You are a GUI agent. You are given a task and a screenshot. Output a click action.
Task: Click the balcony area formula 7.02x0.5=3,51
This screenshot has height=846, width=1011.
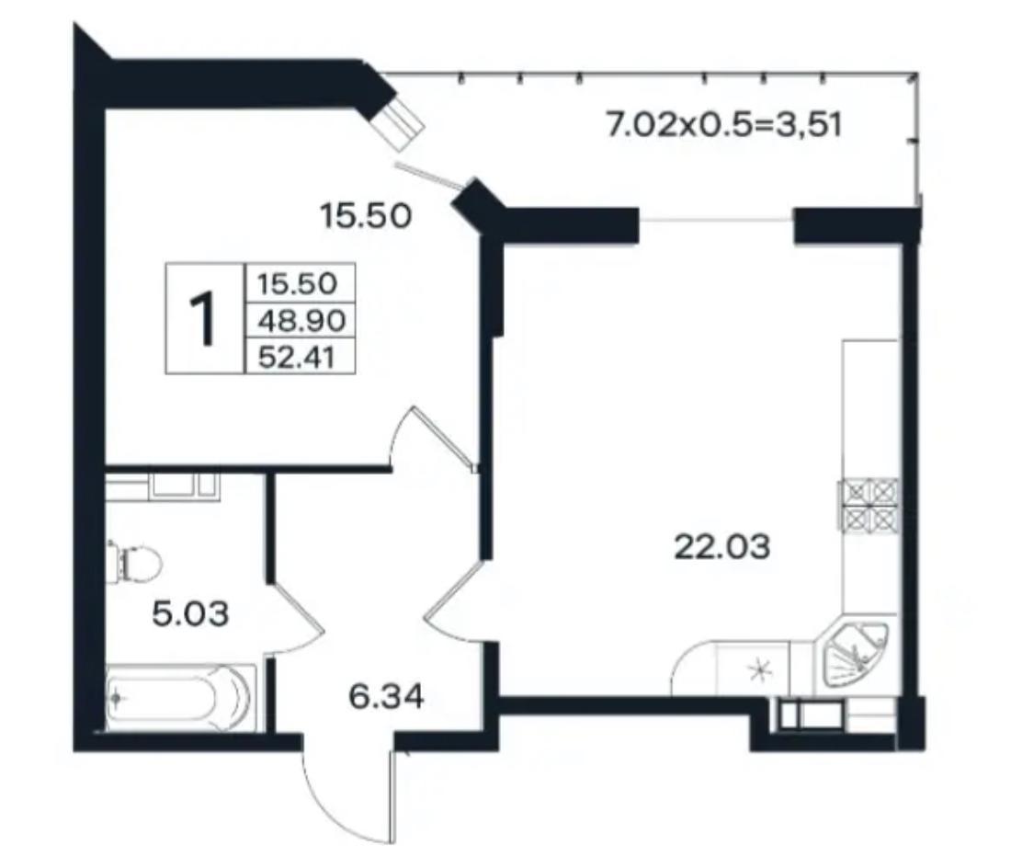[x=724, y=124]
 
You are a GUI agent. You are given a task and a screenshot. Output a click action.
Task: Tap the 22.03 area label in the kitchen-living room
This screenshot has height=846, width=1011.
[x=721, y=548]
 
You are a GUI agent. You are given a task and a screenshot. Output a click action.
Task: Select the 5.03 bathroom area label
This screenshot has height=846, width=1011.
[x=190, y=613]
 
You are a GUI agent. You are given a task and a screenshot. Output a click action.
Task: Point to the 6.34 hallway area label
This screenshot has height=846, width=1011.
[x=386, y=697]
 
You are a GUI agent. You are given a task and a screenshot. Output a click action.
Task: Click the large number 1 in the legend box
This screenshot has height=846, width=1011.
[x=204, y=319]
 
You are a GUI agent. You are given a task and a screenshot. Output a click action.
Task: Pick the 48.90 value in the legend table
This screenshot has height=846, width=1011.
[x=301, y=320]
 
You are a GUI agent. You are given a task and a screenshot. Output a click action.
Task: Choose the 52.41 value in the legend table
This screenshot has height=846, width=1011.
[x=297, y=356]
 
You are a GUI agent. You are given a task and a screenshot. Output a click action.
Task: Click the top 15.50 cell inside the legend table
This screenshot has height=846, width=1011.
[x=297, y=283]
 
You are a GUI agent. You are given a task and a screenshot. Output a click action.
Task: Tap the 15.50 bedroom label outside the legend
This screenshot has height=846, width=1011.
[x=366, y=216]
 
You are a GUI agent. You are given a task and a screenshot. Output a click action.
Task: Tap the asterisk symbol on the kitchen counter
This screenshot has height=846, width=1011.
[x=759, y=671]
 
